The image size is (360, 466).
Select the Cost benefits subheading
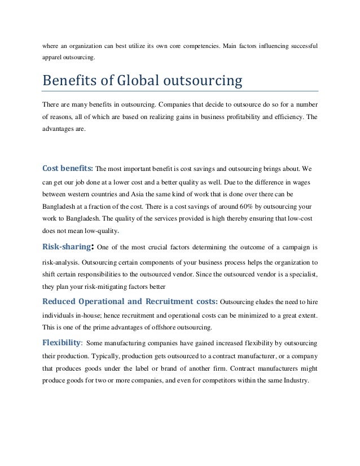click(x=67, y=168)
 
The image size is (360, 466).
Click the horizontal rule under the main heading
click(x=181, y=90)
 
